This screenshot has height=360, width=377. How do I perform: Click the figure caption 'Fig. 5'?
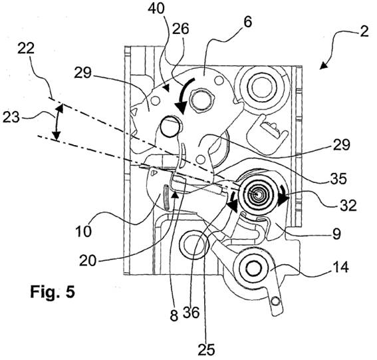coord(53,292)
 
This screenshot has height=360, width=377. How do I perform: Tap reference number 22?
coord(26,49)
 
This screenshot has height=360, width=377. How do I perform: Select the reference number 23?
coord(11,118)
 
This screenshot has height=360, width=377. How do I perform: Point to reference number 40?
coord(156,8)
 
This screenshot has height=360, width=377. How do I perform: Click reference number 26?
coord(181,29)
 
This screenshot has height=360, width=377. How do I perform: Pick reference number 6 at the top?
coord(247,22)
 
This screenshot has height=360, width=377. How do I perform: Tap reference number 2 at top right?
coord(364,31)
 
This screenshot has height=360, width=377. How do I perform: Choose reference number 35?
coord(338,178)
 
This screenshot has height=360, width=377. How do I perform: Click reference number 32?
coord(348,205)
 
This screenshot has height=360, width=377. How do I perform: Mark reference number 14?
coord(340,267)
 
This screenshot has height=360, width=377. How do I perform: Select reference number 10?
coord(83,232)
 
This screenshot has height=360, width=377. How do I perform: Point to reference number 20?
coord(88,260)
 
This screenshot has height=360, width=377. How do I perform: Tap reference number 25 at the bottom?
coord(206,349)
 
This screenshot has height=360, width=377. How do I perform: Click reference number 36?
coord(191,313)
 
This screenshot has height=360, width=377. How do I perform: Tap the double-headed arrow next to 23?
coord(57,122)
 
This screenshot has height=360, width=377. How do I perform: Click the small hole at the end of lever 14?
coord(275,301)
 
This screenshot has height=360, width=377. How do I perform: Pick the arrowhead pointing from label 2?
coord(323,66)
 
